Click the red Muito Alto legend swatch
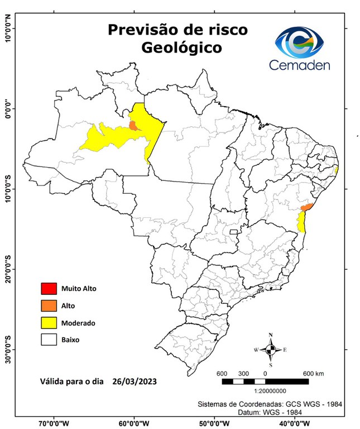click(49, 289)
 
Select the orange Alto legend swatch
click(49, 306)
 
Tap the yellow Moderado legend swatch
click(49, 322)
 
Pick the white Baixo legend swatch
click(49, 339)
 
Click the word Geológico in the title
click(181, 48)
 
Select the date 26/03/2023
click(133, 382)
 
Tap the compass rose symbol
click(271, 350)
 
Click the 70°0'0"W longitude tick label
click(54, 423)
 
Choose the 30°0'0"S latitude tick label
click(8, 350)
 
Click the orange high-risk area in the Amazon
click(134, 125)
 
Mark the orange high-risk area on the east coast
click(306, 207)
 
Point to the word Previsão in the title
click(138, 29)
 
